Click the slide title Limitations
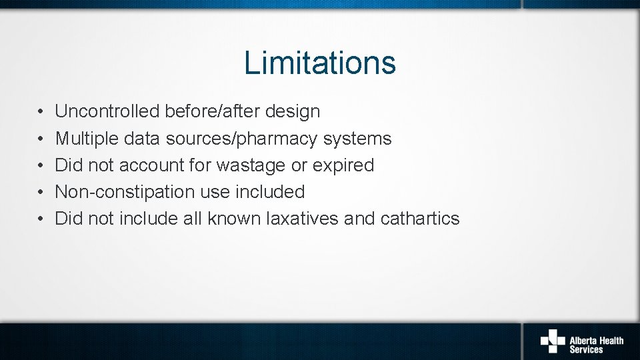[x=320, y=63]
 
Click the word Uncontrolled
[x=107, y=111]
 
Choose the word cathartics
[x=420, y=219]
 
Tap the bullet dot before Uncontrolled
[x=41, y=112]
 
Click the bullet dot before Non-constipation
[x=41, y=193]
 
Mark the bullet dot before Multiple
[x=41, y=139]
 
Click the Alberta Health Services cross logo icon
[x=552, y=341]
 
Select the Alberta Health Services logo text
[x=596, y=345]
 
